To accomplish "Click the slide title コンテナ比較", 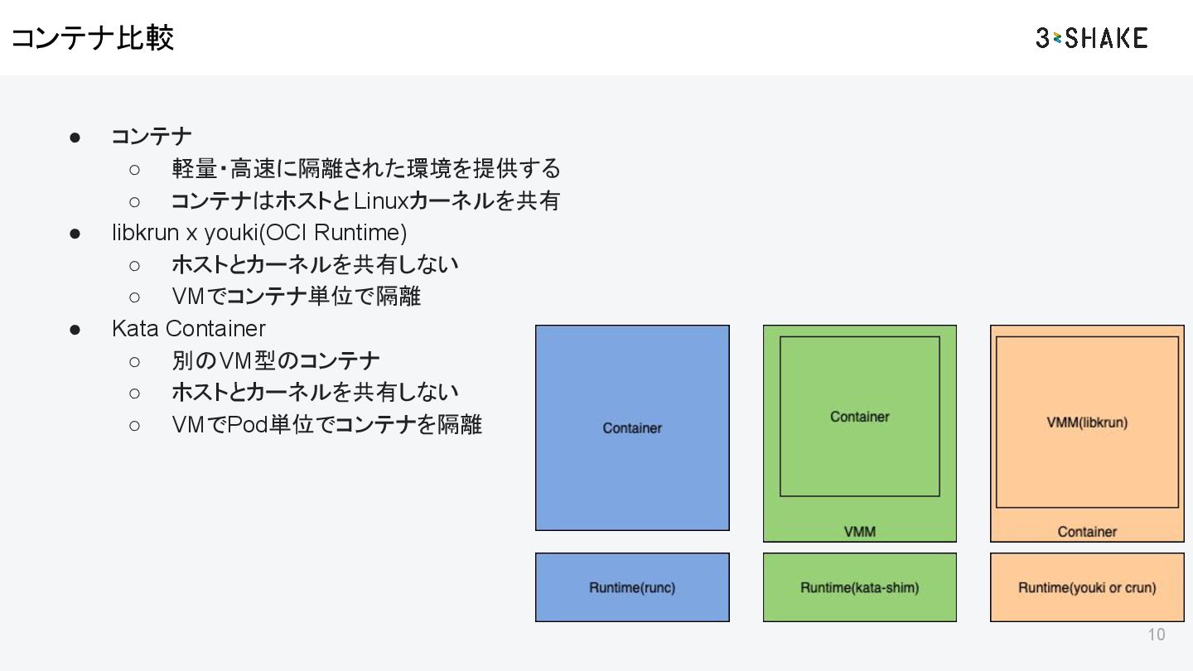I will [x=92, y=38].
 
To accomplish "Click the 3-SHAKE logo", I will [x=1091, y=38].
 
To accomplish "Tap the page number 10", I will [x=1156, y=635].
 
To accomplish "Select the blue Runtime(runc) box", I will [x=632, y=587].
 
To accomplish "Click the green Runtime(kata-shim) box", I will [x=859, y=587].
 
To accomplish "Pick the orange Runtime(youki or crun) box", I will [x=1087, y=587].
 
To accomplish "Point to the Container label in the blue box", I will [x=632, y=428].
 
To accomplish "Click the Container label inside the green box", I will [x=859, y=417].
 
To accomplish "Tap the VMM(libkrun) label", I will [x=1087, y=422].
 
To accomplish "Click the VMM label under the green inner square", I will [x=859, y=532].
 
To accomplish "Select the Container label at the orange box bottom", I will [x=1087, y=532].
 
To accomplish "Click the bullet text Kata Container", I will [x=189, y=329].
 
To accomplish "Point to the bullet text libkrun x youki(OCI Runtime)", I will [x=259, y=233].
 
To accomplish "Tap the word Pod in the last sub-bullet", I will [x=247, y=425].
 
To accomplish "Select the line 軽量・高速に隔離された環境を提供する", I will [x=366, y=169].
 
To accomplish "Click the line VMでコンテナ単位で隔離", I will [x=296, y=296].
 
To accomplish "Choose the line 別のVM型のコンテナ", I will [x=276, y=361].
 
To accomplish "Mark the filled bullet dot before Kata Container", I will [x=75, y=330].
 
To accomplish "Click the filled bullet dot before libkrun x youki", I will [x=75, y=234].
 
